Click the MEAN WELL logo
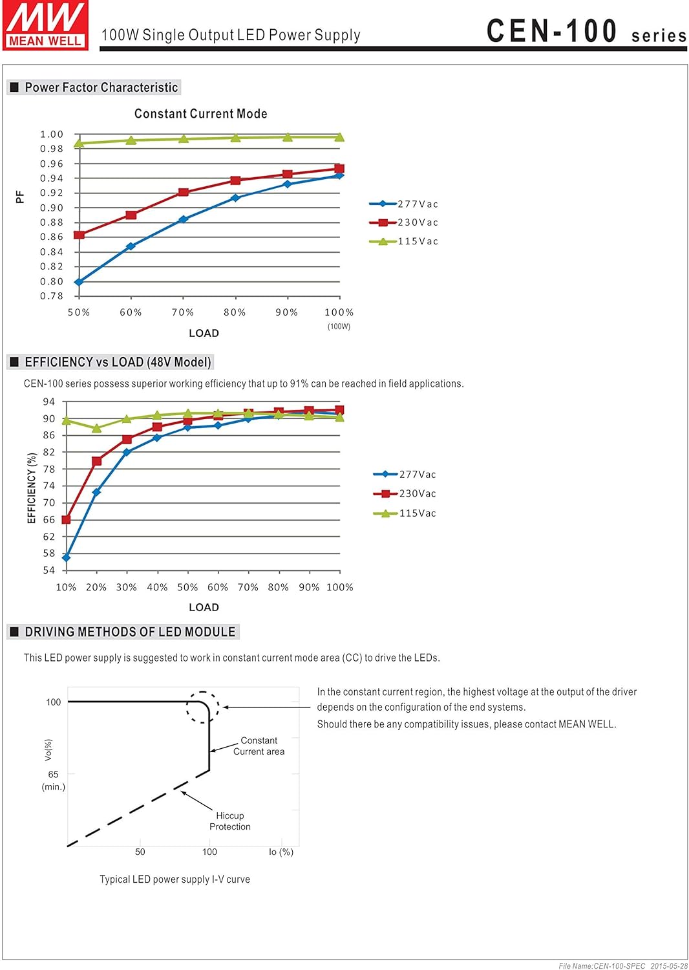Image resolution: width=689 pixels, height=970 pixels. pyautogui.click(x=45, y=25)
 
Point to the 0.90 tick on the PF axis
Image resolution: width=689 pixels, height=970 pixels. pyautogui.click(x=52, y=208)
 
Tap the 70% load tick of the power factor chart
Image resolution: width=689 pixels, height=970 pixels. pyautogui.click(x=183, y=312)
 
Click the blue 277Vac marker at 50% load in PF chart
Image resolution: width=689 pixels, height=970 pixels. pyautogui.click(x=79, y=282)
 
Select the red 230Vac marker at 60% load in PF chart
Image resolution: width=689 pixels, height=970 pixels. pyautogui.click(x=131, y=215)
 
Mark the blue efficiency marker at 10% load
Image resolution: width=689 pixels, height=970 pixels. pyautogui.click(x=66, y=557)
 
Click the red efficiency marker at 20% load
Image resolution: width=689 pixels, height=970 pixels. pyautogui.click(x=96, y=461)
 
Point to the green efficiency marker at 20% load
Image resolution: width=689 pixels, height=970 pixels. pyautogui.click(x=96, y=428)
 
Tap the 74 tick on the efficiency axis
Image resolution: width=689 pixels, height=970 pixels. pyautogui.click(x=49, y=486)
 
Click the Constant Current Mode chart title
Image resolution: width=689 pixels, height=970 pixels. pyautogui.click(x=200, y=114)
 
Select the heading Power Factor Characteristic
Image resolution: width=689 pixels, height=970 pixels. pyautogui.click(x=101, y=87)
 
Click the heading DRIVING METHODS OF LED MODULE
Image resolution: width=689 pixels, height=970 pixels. pyautogui.click(x=129, y=632)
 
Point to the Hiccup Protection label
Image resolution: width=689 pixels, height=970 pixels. pyautogui.click(x=229, y=821)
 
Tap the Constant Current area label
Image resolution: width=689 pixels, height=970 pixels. pyautogui.click(x=259, y=746)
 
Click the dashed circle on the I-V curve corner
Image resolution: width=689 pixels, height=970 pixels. pyautogui.click(x=203, y=707)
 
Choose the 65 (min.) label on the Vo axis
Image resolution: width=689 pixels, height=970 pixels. pyautogui.click(x=53, y=780)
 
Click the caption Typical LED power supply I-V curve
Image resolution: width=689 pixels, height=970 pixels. pyautogui.click(x=175, y=879)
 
